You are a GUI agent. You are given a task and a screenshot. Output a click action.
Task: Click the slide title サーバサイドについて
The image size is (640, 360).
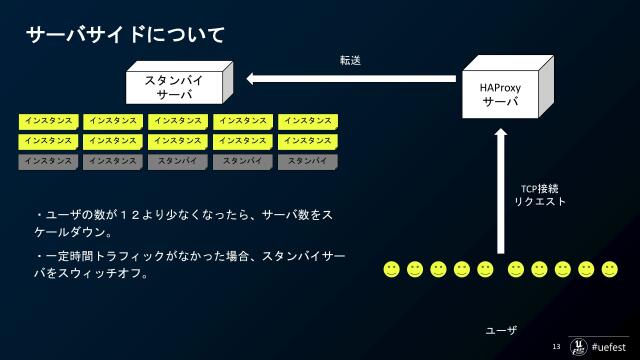point(125,35)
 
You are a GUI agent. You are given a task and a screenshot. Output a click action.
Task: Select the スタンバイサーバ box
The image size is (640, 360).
point(176,86)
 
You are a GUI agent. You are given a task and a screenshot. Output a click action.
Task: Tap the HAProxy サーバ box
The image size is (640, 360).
point(500,94)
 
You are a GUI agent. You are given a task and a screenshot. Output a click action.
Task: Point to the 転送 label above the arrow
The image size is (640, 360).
point(350,60)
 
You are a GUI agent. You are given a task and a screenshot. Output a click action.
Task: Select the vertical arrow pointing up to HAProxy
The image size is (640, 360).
point(501,190)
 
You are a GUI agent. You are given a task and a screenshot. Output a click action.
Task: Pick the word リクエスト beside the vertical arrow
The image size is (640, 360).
point(540,201)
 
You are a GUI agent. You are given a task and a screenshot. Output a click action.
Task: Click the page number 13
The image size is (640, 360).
point(557,346)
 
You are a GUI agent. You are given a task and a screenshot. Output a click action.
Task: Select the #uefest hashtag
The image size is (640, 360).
point(609,346)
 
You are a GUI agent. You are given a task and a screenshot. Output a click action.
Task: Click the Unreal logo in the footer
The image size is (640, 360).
point(578,345)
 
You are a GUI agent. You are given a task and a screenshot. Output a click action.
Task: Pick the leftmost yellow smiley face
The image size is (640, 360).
point(391,269)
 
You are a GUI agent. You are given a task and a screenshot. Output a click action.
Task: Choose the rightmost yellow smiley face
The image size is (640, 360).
point(609,269)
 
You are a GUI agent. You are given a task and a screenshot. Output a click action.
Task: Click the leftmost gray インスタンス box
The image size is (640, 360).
point(47,161)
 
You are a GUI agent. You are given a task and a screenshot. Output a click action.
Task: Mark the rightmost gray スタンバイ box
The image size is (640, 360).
point(307,161)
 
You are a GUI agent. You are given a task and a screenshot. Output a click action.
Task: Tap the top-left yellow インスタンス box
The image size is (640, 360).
point(47,121)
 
